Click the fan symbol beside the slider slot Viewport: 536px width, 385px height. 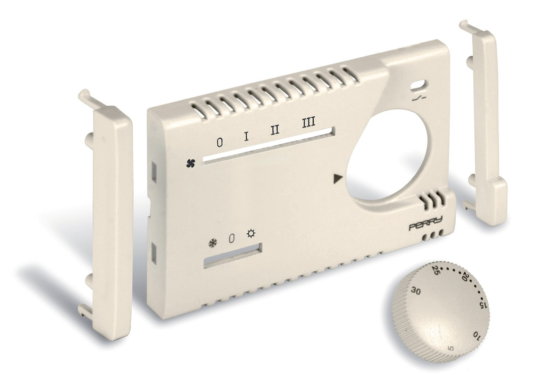click(191, 163)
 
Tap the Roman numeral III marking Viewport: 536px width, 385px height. click(308, 122)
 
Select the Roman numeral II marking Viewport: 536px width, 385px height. click(275, 129)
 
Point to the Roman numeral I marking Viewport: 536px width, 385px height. click(247, 136)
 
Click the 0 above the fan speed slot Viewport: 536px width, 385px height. click(219, 143)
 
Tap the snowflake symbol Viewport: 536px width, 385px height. click(212, 242)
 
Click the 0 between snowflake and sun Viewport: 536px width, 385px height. click(231, 238)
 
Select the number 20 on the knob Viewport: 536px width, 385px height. click(465, 277)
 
